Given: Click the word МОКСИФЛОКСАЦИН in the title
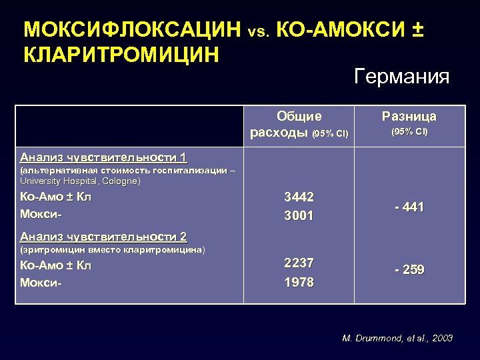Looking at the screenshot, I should pos(132,30).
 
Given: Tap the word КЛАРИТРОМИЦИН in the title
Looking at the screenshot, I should pos(121,54).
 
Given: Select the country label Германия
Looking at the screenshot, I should pos(402,77).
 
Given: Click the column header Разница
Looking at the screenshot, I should pos(409,117).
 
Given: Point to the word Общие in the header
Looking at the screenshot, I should pos(299,117).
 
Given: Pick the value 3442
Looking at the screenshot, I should pos(299,197).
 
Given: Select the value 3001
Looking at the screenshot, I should pos(299,215).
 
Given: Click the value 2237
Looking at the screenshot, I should pos(299,263).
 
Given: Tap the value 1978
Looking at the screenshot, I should pos(299,282).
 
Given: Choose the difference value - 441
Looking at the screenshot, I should pos(409,207).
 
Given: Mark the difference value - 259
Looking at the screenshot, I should pos(409,270).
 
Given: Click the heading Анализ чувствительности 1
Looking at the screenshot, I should pos(103,158).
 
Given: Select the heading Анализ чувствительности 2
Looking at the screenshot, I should pos(103,237).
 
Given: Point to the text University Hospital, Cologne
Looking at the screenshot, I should pos(81,181).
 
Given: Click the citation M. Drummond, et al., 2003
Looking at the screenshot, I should pos(397,338).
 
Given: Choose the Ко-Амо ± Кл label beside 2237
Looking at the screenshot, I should pos(55,265).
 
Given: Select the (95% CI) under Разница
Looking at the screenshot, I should pos(409,131).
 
